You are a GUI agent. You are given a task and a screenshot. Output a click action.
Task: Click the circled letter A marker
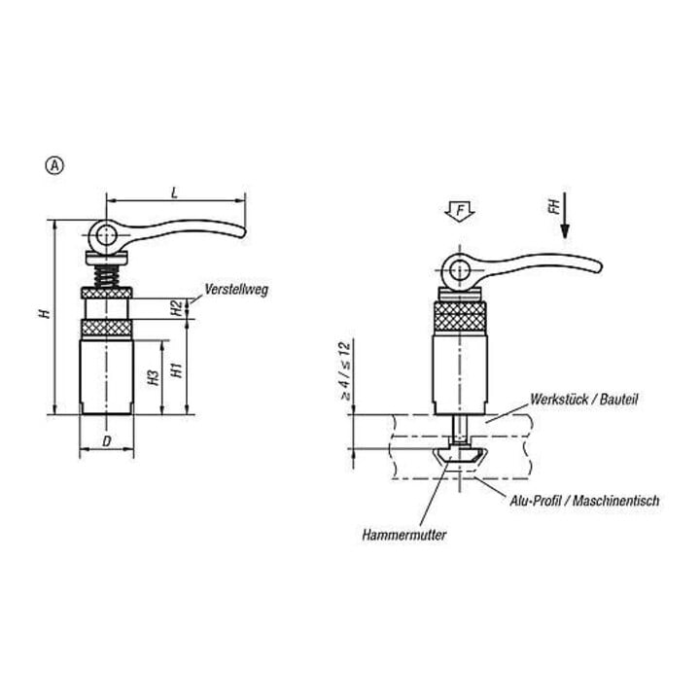[54, 165]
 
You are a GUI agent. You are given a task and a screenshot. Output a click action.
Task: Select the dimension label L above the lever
[175, 192]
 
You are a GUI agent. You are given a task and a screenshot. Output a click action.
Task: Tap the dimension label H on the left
[45, 313]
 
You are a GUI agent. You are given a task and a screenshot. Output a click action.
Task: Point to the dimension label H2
[177, 308]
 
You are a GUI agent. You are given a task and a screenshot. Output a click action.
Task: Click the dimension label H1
[177, 370]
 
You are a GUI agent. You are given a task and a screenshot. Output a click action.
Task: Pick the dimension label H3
[154, 377]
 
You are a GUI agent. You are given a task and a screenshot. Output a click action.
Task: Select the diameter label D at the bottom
[107, 441]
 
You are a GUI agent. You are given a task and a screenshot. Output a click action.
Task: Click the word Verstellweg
[236, 290]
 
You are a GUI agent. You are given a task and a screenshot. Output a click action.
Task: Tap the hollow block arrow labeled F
[460, 211]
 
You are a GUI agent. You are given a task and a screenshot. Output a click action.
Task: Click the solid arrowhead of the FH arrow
[565, 230]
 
